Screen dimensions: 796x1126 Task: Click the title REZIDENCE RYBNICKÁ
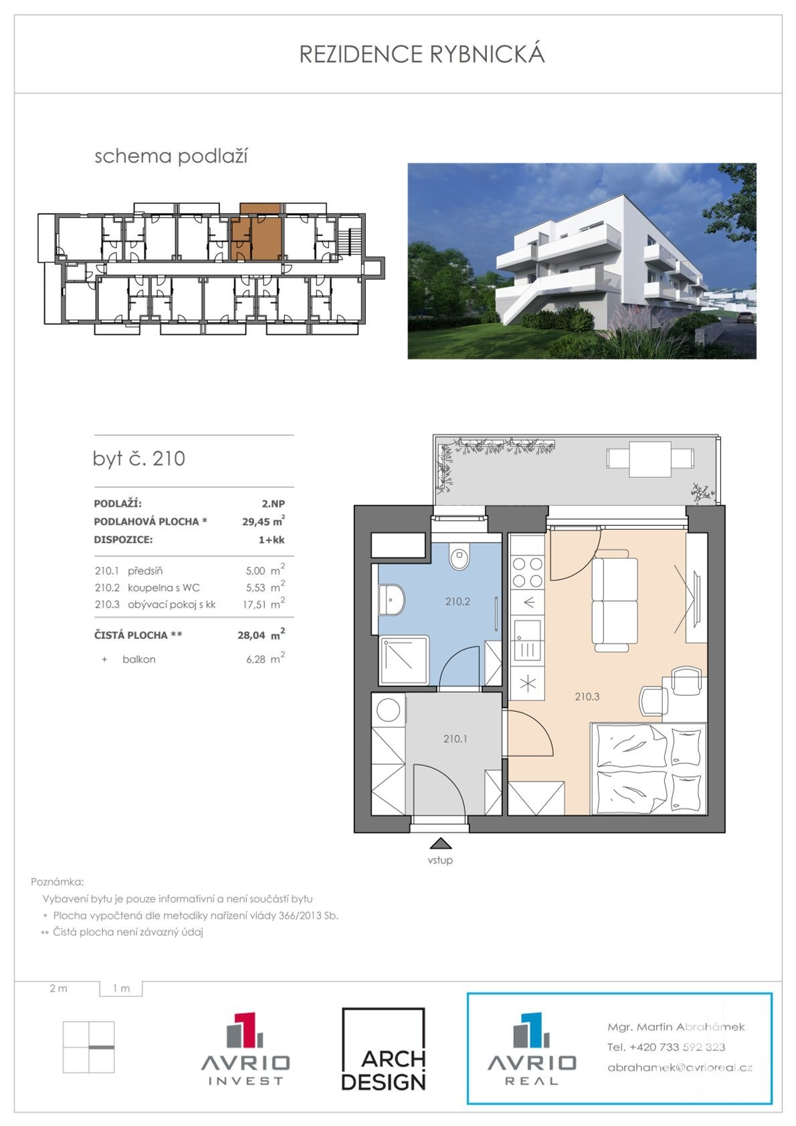tap(422, 54)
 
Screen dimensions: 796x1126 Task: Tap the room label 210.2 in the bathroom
tap(458, 601)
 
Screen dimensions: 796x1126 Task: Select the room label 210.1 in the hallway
tap(456, 739)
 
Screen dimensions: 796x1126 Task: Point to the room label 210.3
tap(587, 696)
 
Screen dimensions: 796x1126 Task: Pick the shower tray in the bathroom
tap(405, 660)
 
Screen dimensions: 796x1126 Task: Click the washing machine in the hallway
tap(389, 710)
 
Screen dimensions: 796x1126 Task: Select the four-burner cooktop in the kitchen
tap(528, 573)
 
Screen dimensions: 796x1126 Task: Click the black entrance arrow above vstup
tap(440, 844)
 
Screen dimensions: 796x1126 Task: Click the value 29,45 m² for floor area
tap(264, 521)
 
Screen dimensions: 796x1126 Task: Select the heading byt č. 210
tap(139, 458)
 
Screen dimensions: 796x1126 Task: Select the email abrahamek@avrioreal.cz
tap(680, 1068)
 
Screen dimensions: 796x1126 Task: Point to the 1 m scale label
tap(121, 988)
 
